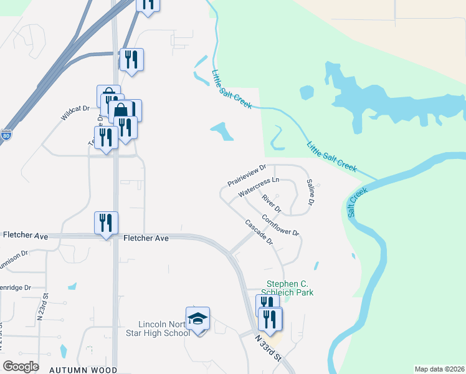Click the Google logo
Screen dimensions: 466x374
pos(21,366)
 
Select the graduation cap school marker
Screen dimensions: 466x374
pos(198,320)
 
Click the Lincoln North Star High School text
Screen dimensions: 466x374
pos(163,328)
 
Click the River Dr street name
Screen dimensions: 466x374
pos(272,203)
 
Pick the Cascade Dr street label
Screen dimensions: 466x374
pos(259,232)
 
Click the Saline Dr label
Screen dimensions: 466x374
pos(310,193)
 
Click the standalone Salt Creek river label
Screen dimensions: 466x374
pos(358,201)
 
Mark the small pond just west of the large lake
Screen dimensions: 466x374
pos(306,92)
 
